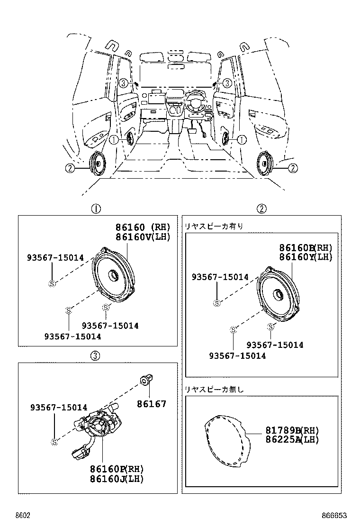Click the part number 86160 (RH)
pos(142,227)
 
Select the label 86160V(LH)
pos(142,236)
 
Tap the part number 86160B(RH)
pos(306,248)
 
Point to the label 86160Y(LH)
pos(306,257)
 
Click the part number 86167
pos(152,404)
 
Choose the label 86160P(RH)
pos(117,469)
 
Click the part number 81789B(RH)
pos(291,430)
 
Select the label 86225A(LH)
pos(291,439)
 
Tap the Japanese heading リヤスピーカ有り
pos(214,226)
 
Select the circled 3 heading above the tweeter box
pos(95,355)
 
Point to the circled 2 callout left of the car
pos(70,167)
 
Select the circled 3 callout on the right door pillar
pos(227,83)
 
